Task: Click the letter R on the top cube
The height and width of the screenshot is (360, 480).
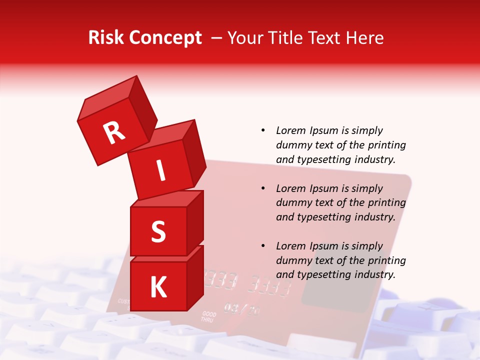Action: tap(114, 133)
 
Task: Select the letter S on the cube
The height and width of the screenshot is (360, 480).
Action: tap(158, 231)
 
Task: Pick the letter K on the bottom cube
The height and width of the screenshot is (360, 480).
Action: tap(158, 287)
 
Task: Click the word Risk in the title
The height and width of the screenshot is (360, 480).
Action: tap(105, 38)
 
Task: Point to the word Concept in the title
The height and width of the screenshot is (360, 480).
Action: tap(165, 38)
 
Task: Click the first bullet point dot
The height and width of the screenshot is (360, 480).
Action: tap(263, 131)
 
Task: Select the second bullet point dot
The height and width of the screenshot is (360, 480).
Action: tap(263, 189)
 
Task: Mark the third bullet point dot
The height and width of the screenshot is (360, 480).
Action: tap(263, 246)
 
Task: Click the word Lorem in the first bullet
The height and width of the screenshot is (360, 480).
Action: tap(290, 131)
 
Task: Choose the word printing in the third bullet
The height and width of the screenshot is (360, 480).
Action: tap(386, 260)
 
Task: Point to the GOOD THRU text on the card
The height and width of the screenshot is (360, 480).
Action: tap(209, 316)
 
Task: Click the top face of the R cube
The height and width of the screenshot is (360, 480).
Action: tap(107, 98)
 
